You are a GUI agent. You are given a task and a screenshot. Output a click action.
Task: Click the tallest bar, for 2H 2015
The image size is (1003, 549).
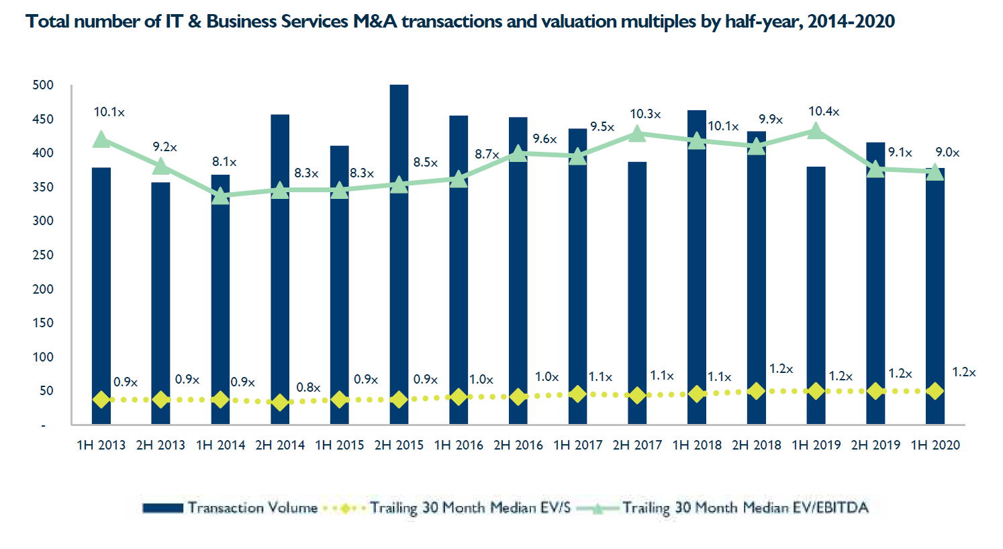[399, 255]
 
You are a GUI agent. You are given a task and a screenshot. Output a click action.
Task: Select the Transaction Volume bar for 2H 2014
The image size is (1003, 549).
[280, 269]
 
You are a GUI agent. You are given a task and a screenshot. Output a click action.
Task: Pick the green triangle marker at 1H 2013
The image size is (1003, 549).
[101, 140]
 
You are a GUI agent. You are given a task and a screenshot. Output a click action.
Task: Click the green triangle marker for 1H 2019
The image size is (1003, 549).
[816, 131]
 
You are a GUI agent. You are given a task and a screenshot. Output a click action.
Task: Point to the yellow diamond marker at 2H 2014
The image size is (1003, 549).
[280, 403]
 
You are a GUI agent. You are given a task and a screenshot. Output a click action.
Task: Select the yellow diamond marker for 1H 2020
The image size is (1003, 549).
[935, 390]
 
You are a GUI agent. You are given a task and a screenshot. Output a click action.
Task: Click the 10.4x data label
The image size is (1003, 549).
[824, 112]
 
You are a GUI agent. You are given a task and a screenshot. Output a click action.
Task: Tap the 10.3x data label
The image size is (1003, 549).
[645, 114]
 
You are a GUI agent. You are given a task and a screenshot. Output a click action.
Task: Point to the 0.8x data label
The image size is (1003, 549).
[308, 388]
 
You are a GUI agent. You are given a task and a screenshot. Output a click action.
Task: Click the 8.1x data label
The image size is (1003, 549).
[224, 162]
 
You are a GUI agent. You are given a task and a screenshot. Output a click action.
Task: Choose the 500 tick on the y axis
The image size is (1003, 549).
[43, 85]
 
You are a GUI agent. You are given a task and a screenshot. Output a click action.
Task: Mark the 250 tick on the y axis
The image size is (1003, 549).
[43, 255]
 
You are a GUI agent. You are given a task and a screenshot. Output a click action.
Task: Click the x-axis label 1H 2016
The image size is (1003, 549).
[459, 445]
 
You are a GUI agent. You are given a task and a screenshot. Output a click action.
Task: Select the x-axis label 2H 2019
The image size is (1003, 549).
[875, 445]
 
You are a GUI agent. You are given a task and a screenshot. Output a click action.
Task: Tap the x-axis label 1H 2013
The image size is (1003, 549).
[101, 445]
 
